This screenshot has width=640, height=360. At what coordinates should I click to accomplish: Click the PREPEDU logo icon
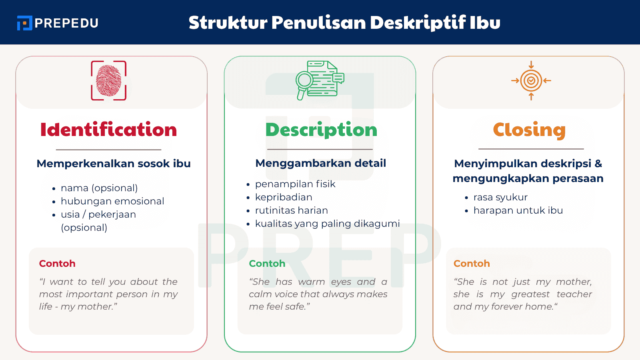pos(24,23)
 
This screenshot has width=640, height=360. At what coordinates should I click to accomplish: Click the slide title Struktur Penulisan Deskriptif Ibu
pos(344,22)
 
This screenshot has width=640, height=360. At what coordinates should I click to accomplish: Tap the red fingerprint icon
pos(109,80)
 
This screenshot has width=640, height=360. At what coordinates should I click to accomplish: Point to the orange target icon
pos(531,80)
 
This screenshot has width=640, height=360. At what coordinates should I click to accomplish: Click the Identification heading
pos(108,130)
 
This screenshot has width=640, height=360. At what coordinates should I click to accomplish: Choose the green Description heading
pos(321,130)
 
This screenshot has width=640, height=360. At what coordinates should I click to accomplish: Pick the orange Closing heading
pos(529,130)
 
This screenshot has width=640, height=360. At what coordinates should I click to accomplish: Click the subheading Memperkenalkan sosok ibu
pos(114,164)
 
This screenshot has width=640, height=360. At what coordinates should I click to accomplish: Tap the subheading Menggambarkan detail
pos(321,163)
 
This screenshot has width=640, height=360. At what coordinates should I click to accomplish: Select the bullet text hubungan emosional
pos(112,201)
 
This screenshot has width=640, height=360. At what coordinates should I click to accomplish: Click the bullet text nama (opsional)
pos(99,188)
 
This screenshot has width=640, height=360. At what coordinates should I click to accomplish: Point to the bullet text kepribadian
pos(284,197)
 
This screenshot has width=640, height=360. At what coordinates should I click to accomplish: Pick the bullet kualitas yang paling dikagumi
pos(327,224)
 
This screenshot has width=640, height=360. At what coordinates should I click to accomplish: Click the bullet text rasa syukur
pos(500,197)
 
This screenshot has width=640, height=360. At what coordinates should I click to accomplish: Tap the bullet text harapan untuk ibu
pos(518,210)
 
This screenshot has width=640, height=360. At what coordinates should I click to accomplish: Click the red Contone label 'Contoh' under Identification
pos(57,264)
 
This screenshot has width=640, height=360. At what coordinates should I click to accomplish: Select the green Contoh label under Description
pos(267,264)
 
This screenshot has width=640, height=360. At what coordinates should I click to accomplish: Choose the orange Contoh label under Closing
pos(472,264)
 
